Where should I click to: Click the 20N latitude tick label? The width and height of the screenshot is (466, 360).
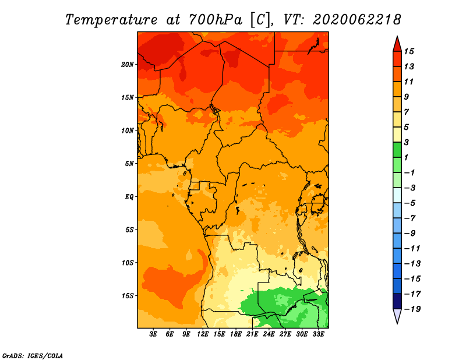pos(128,65)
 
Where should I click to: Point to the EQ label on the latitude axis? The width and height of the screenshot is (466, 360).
pos(129,197)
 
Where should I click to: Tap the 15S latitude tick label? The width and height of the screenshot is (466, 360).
pos(128,296)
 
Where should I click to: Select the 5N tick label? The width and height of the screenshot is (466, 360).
pos(129,164)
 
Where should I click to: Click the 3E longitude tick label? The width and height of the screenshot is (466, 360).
pos(153,334)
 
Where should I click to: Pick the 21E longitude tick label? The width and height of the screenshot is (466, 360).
pos(252,334)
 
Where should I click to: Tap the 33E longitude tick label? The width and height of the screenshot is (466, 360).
pos(318,334)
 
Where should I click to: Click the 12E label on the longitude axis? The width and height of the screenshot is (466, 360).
pos(203,334)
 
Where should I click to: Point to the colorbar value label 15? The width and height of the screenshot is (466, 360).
pos(409,51)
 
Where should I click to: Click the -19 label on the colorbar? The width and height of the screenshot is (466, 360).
pos(412,309)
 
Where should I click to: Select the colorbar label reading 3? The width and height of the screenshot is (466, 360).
pos(407,142)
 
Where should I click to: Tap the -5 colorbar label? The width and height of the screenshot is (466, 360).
pos(410,203)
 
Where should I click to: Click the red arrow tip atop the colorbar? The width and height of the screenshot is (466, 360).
pos(397,36)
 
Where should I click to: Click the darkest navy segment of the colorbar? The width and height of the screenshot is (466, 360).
pos(397,301)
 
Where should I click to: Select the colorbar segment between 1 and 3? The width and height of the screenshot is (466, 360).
pos(397,150)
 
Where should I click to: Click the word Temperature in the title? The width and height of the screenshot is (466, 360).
pos(111,20)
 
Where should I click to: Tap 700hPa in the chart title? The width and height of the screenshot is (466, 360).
pos(215,20)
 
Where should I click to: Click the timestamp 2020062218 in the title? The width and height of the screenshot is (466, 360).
pos(357,20)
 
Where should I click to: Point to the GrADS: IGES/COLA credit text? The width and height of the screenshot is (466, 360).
pos(33,356)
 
